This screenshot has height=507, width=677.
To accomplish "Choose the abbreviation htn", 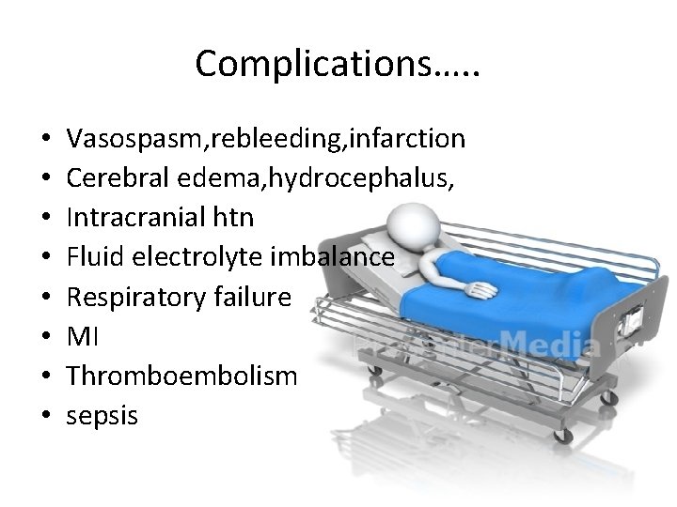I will pos(234,218).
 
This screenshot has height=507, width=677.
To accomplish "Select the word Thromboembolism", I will pos(181,376).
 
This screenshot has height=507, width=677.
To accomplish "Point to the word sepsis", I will pos(102,416).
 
